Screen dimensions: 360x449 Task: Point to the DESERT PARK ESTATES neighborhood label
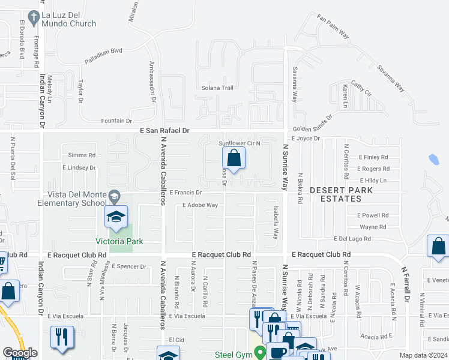point(341,194)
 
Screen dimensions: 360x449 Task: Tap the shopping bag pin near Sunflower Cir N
point(234,159)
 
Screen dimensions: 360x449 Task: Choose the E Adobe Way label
point(200,205)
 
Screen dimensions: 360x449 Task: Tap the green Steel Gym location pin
point(259,352)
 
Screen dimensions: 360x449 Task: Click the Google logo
point(20,353)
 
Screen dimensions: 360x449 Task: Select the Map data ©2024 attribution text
point(423,355)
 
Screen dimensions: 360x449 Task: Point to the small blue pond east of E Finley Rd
point(435,160)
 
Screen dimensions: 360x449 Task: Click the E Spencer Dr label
point(128,266)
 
